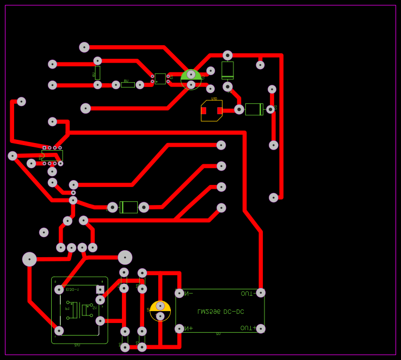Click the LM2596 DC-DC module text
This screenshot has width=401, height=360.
[x=220, y=312]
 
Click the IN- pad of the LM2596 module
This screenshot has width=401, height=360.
[x=180, y=293]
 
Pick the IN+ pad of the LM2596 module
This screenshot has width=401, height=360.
[x=180, y=328]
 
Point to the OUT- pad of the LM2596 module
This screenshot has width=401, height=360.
[x=261, y=293]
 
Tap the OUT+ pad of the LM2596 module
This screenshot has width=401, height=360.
[x=261, y=328]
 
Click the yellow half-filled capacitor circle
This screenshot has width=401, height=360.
[x=160, y=311]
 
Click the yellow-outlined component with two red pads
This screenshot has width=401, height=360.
[x=212, y=110]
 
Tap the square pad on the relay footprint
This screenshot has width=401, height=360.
[x=100, y=289]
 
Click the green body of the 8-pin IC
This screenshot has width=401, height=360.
[x=52, y=156]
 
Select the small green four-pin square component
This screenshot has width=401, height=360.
[x=160, y=79]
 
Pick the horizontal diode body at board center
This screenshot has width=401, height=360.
[x=128, y=207]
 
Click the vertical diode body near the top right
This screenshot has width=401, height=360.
[x=227, y=70]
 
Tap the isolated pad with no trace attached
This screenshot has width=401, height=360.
[x=44, y=232]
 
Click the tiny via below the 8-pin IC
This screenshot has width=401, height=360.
[x=73, y=192]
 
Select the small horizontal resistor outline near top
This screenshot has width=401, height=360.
[x=128, y=85]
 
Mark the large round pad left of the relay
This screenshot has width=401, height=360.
[x=29, y=259]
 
